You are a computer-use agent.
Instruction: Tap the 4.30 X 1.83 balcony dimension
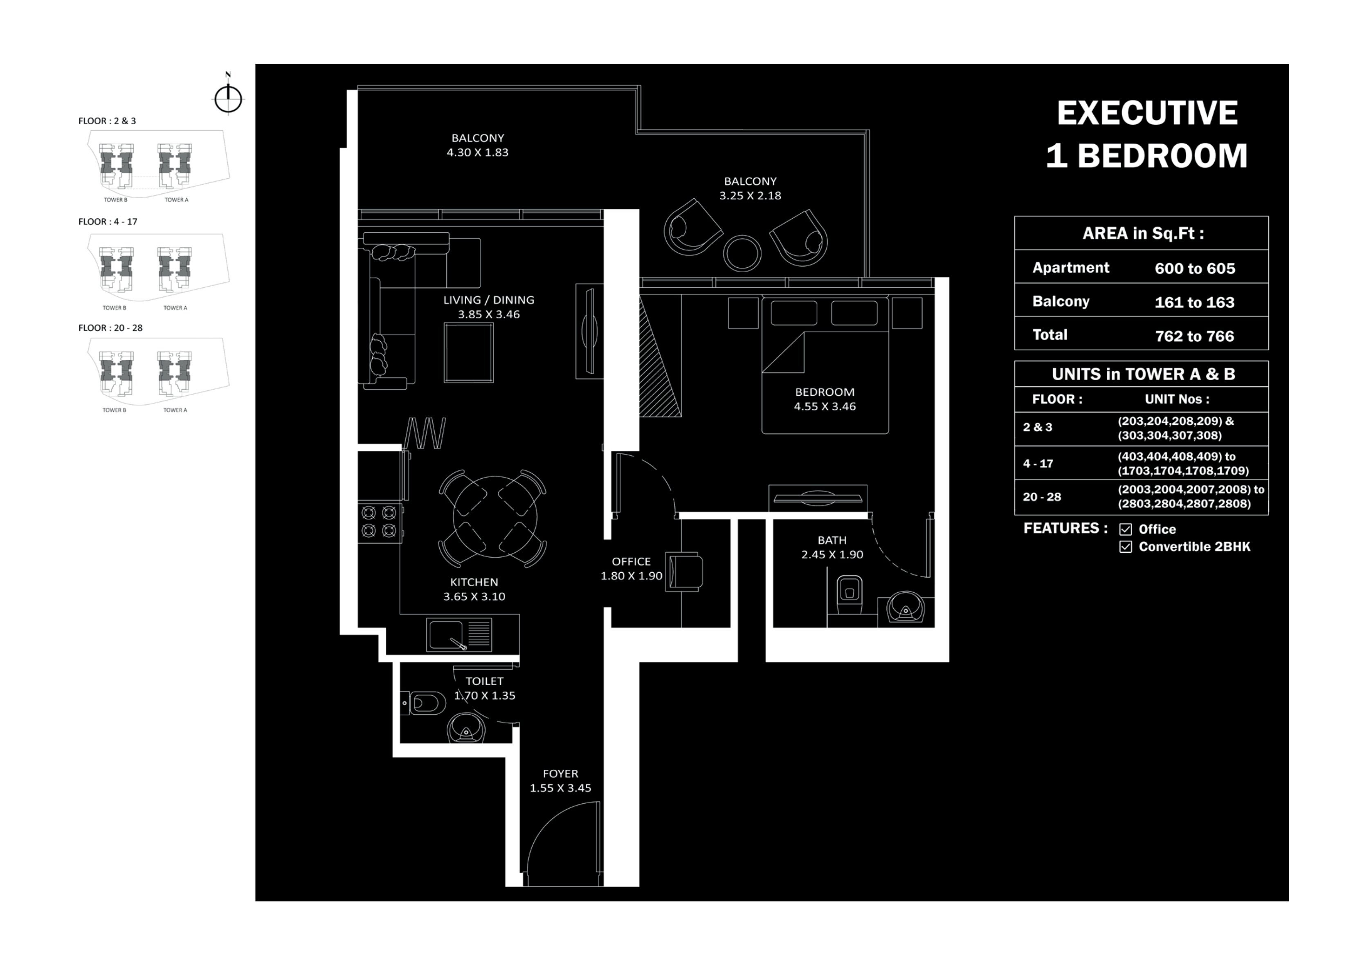(x=477, y=152)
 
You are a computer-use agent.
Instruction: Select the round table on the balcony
(x=742, y=253)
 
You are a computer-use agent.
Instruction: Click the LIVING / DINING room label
(x=488, y=300)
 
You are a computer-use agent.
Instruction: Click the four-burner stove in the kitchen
(x=379, y=521)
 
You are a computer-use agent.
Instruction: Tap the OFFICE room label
(x=631, y=561)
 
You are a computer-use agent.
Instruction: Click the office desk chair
(x=684, y=572)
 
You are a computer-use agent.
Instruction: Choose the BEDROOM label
(x=824, y=392)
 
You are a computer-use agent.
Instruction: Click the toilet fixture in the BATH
(x=849, y=592)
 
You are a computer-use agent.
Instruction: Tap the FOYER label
(x=560, y=773)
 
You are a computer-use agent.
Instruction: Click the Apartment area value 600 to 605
(x=1194, y=268)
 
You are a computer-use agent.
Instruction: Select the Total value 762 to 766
(x=1194, y=336)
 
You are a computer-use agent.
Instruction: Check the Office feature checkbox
(x=1125, y=529)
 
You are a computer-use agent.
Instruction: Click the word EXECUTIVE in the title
(x=1146, y=113)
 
